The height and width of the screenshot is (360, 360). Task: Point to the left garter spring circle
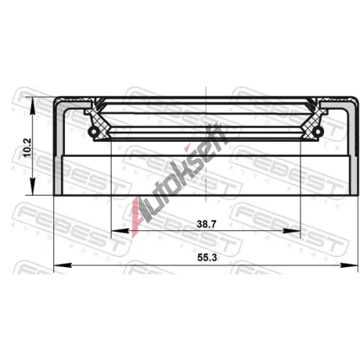coord(93,131)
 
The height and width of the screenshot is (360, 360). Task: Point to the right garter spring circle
coord(319,131)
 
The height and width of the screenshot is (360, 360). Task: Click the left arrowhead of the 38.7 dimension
coord(120,231)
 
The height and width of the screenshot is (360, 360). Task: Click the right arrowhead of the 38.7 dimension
coord(292,231)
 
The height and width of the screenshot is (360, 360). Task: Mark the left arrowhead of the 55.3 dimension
coord(63,265)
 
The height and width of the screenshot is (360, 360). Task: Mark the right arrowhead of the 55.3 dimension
coord(349,265)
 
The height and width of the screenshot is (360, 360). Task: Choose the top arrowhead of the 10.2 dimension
coord(32,106)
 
